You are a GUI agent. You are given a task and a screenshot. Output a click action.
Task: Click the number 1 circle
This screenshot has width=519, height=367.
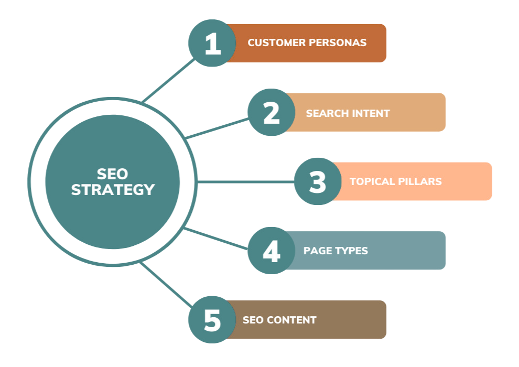[x=212, y=43]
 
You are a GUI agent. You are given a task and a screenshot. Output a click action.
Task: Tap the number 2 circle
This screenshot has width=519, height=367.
[x=271, y=112]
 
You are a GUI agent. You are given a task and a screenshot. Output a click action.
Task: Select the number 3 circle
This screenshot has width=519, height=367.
[x=318, y=181]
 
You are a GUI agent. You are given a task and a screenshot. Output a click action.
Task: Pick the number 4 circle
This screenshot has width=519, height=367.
[x=271, y=251]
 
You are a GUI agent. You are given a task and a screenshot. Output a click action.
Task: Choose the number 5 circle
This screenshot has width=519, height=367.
[x=212, y=320]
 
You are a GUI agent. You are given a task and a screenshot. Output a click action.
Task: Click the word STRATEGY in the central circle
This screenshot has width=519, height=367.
[x=113, y=190]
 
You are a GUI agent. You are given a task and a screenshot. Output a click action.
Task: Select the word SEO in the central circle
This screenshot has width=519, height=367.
[x=113, y=174]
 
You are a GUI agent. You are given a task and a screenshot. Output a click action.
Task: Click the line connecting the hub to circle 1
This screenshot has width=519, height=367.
[x=168, y=80]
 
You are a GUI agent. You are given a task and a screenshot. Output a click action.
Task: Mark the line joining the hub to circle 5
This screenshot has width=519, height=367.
[x=167, y=285]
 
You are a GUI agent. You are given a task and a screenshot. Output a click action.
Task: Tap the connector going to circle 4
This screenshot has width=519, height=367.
[x=216, y=239]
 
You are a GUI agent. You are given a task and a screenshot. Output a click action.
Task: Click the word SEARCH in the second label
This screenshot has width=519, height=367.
[x=325, y=113]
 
